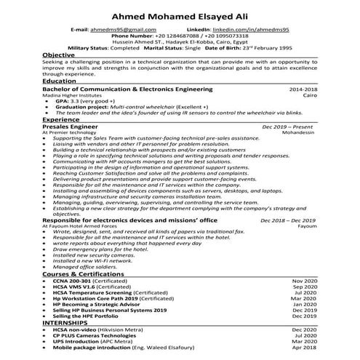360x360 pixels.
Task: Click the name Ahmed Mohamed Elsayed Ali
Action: pyautogui.click(x=180, y=16)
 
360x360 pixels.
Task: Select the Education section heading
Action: pyautogui.click(x=60, y=82)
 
